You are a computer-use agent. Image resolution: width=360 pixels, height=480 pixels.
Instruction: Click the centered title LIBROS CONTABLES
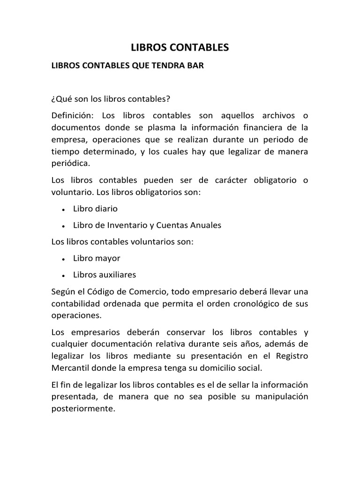tap(180, 47)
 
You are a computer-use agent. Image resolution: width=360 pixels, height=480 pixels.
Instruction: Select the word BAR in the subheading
tap(196, 66)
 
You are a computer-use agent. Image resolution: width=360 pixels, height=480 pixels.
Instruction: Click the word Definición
tap(73, 115)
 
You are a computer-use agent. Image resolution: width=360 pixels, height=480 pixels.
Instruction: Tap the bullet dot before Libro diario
tap(63, 209)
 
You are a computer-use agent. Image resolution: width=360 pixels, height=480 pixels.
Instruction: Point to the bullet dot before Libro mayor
tap(63, 259)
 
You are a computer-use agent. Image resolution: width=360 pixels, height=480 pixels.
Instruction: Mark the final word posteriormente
tap(83, 409)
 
